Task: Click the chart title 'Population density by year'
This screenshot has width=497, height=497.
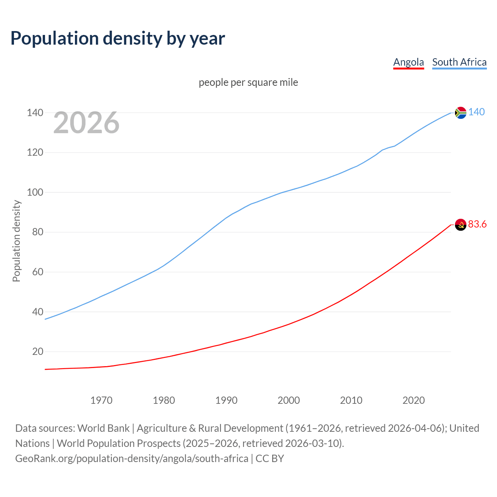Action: [x=118, y=38]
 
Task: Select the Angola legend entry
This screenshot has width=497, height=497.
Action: [x=408, y=62]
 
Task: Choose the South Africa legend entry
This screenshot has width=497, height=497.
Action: [x=459, y=62]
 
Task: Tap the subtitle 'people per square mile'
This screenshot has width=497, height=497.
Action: [x=248, y=82]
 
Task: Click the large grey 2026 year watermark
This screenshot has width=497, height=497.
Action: [x=86, y=123]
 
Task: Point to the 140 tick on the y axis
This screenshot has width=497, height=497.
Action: [x=35, y=113]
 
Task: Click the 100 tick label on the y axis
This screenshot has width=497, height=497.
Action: [x=35, y=192]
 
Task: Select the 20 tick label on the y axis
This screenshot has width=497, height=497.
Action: [x=38, y=351]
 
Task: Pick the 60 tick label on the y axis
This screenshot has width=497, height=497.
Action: [x=38, y=272]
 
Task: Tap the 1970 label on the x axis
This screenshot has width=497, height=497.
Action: [x=101, y=400]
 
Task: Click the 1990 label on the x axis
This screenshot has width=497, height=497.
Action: [x=226, y=400]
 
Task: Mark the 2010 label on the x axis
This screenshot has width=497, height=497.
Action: [x=351, y=400]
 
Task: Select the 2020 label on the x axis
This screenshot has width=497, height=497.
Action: [x=414, y=400]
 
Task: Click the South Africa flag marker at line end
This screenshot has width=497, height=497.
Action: [x=461, y=113]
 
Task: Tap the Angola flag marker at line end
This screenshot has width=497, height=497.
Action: [x=461, y=224]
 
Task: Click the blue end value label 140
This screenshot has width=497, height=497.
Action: [x=476, y=112]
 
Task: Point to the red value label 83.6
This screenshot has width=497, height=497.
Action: [x=477, y=224]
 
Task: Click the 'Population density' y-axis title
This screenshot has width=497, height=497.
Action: [x=16, y=241]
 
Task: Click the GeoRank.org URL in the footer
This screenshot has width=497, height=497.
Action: [x=132, y=458]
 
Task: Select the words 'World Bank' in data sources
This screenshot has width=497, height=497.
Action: [x=103, y=428]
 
